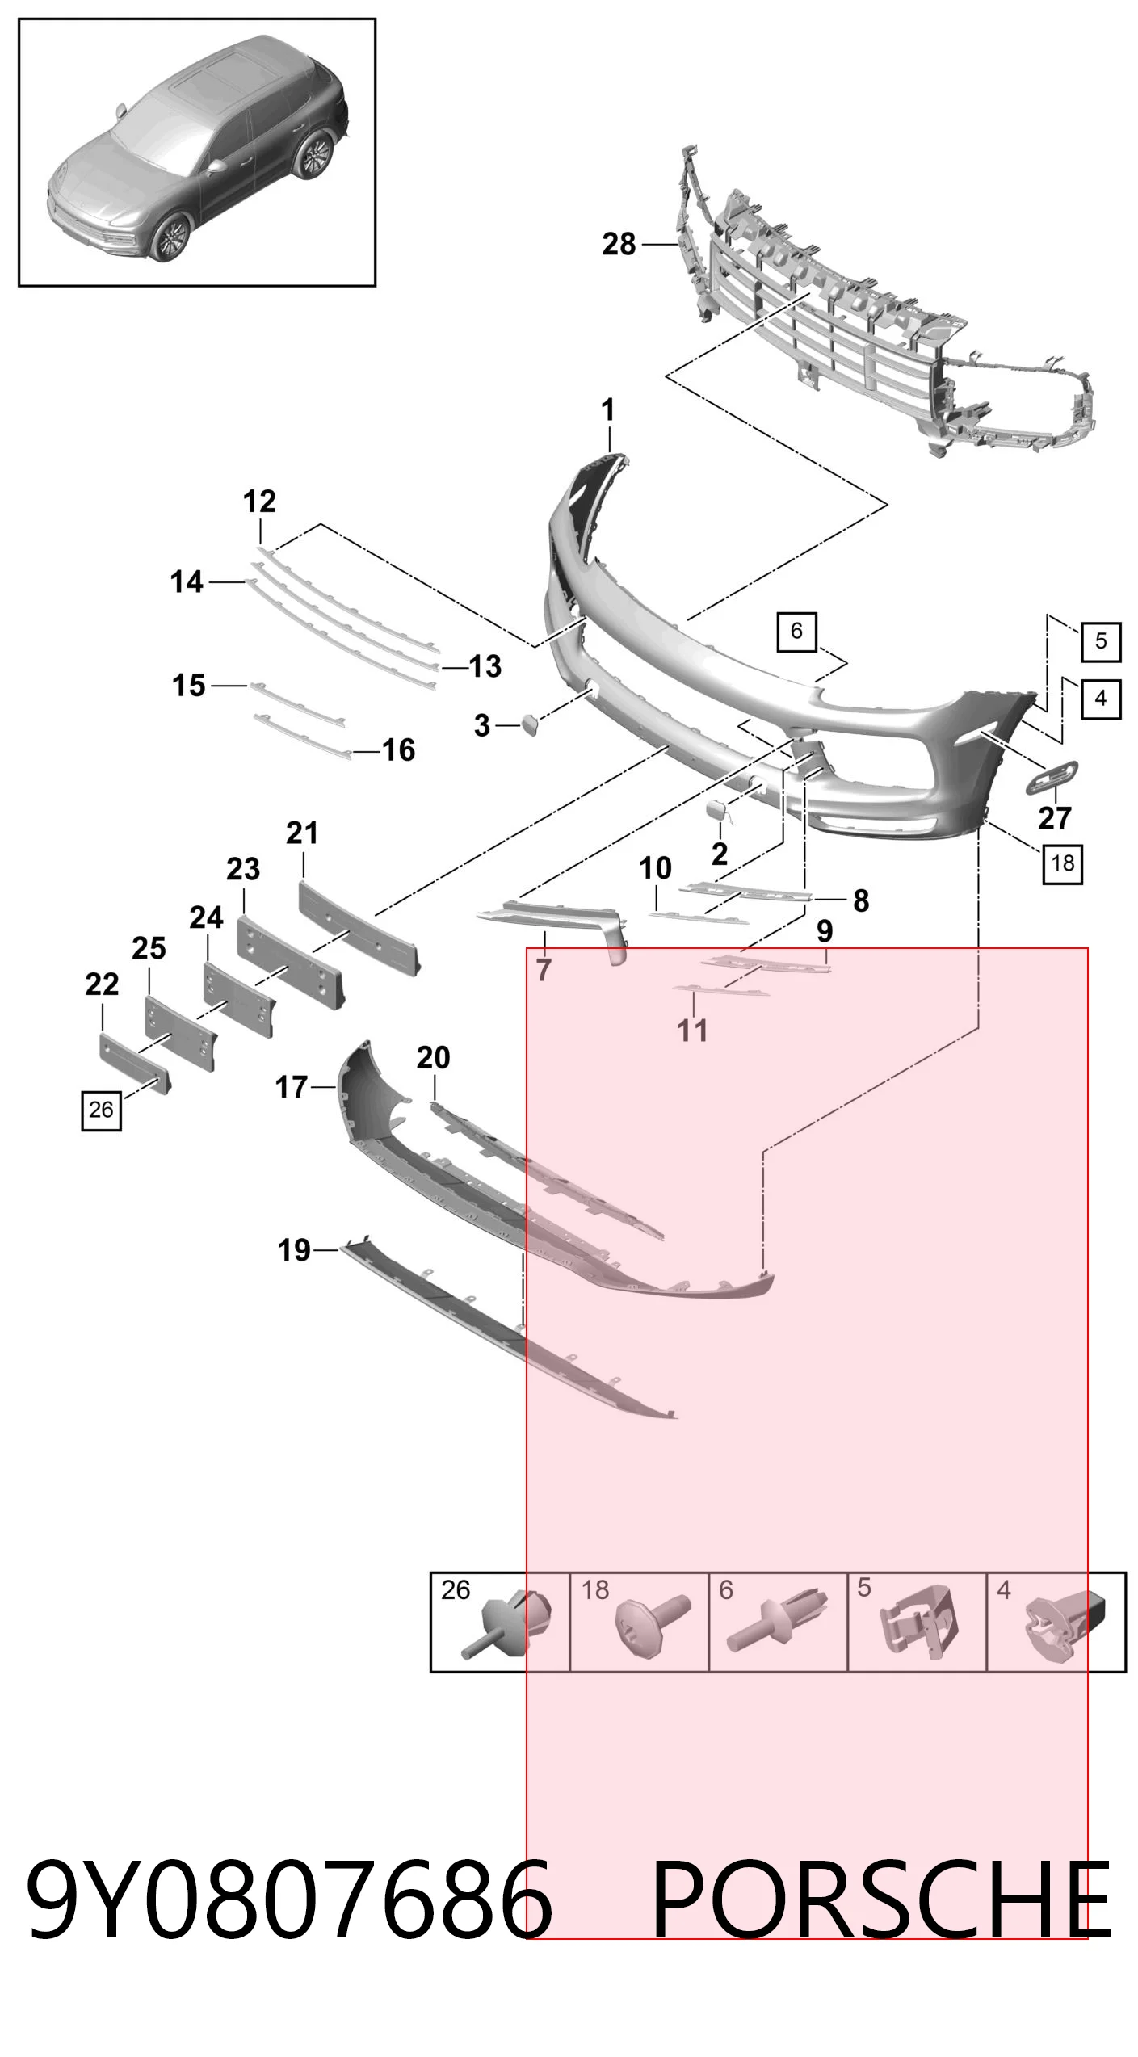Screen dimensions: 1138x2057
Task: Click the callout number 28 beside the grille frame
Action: [x=619, y=243]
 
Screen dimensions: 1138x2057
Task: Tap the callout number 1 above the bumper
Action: [x=608, y=410]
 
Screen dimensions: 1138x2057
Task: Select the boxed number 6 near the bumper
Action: [x=796, y=631]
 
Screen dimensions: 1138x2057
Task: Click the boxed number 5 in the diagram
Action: [x=1101, y=641]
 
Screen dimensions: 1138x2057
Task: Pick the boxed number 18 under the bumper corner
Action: [x=1062, y=863]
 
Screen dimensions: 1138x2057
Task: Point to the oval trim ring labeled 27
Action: [x=1052, y=777]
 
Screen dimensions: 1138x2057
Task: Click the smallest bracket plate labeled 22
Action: [x=133, y=1061]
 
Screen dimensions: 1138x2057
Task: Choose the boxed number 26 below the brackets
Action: [x=101, y=1110]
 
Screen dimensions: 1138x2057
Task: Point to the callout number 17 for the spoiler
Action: [x=292, y=1087]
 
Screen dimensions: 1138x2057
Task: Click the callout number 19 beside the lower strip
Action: [x=294, y=1250]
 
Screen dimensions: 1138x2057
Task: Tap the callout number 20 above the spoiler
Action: [x=433, y=1057]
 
